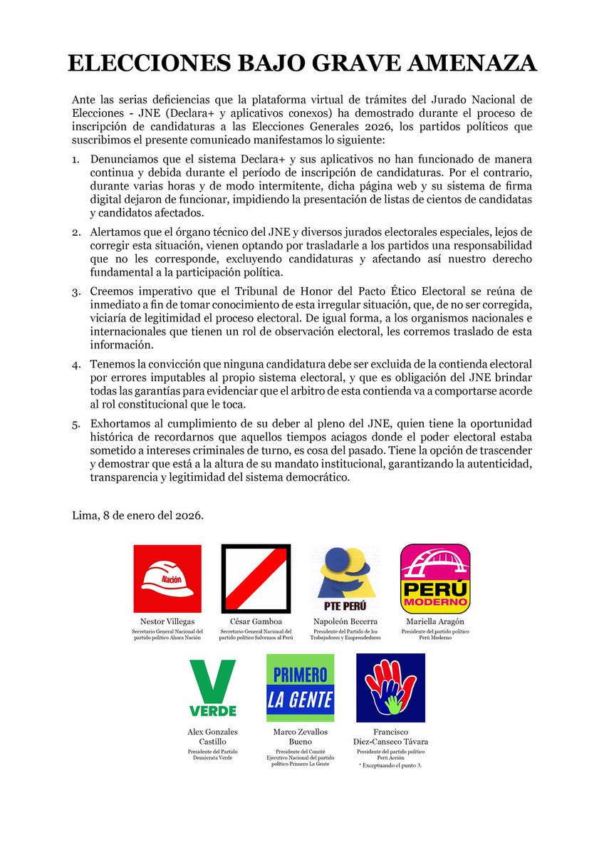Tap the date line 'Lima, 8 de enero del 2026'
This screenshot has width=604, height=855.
point(138,514)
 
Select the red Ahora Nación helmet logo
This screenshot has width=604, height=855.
point(167,579)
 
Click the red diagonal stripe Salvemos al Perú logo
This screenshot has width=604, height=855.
point(256,579)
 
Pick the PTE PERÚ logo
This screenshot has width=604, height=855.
point(345,579)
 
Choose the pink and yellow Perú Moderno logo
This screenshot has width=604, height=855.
point(434,579)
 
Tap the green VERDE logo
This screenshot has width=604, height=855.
point(212,688)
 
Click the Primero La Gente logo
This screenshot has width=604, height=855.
point(300,688)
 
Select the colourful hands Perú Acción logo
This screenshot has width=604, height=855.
point(390,688)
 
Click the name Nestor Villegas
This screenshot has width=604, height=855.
point(167,622)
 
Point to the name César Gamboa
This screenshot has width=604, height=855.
point(256,622)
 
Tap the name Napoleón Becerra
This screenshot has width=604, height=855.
point(345,622)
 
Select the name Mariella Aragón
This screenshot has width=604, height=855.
point(434,622)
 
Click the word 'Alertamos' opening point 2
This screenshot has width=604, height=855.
point(115,232)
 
